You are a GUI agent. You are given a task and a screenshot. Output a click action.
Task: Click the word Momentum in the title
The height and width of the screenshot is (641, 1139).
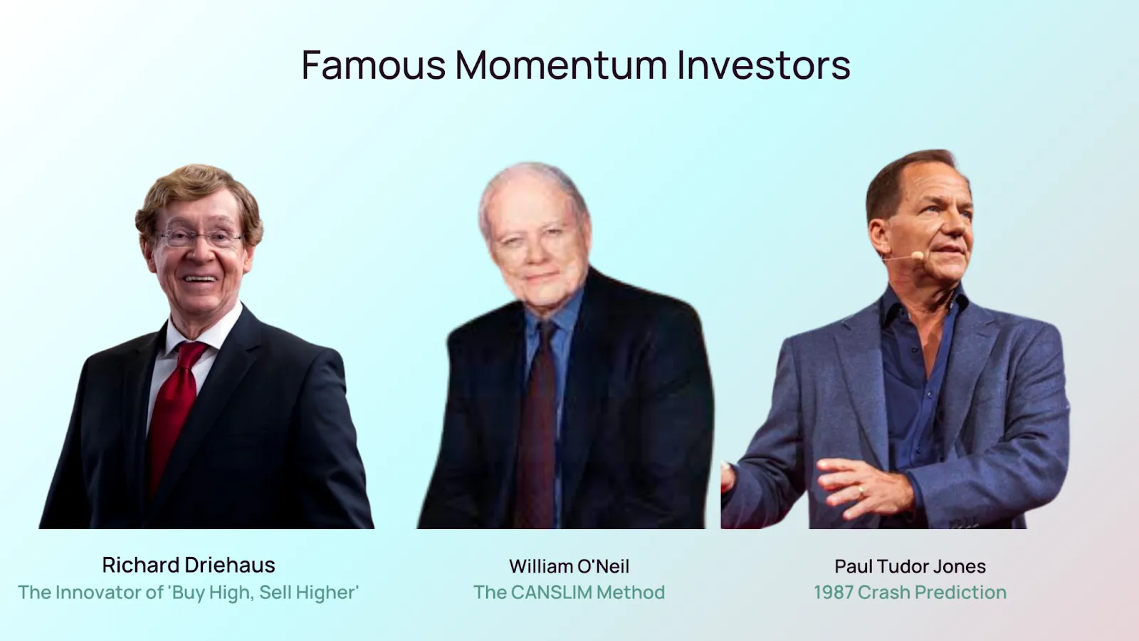561,65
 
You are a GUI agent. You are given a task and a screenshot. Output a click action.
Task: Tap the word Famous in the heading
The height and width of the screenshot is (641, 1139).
374,65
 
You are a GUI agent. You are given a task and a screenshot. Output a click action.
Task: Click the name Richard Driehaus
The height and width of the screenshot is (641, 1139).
189,565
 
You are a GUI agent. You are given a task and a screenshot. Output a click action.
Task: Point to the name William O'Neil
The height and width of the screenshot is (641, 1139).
569,566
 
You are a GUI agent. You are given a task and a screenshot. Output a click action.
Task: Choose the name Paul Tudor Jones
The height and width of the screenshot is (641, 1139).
910,566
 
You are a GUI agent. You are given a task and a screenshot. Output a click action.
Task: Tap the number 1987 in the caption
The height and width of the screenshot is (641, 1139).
834,592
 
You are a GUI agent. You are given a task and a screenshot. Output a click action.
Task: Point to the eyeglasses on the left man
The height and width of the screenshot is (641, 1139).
199,237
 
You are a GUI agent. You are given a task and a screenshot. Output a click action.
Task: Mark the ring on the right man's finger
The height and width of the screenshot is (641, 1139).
861,491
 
